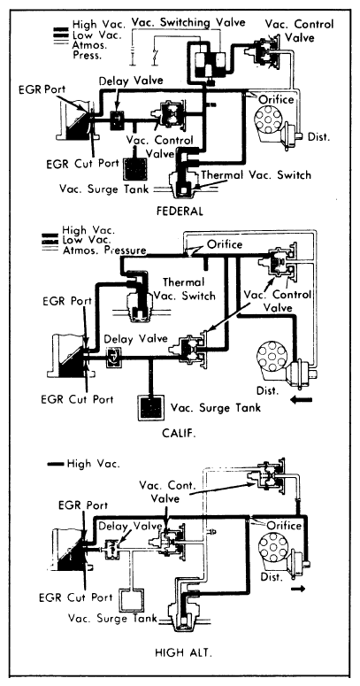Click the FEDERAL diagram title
(180, 211)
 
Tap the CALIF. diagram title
(179, 433)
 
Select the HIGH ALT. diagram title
(183, 653)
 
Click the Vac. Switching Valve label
(188, 22)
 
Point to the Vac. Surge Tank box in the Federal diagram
(135, 168)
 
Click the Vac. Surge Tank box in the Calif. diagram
(151, 408)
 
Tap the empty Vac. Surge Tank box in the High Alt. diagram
(131, 600)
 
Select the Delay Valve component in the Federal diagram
(117, 119)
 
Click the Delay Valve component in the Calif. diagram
(113, 357)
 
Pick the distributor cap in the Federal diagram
(268, 116)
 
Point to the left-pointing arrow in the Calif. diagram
(302, 400)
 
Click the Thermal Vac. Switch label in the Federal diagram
(256, 175)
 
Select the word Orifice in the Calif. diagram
(225, 243)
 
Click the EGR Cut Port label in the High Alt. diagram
(76, 597)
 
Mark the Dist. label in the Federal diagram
(319, 136)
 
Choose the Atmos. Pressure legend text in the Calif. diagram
(104, 251)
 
